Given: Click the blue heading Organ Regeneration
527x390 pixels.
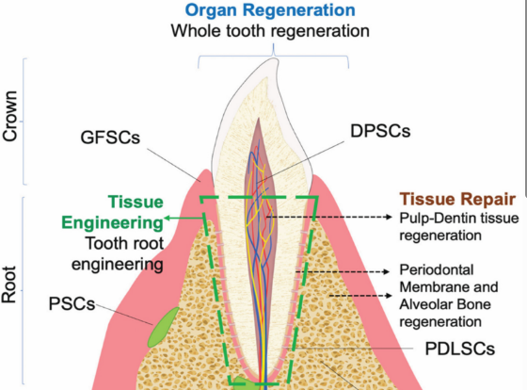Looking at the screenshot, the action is point(270,10).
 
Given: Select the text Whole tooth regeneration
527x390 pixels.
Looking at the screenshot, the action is point(270,31).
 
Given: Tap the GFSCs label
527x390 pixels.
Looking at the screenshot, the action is point(110,138).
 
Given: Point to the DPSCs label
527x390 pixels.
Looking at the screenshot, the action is point(380,131).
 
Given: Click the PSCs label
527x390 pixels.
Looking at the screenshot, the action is point(72,303).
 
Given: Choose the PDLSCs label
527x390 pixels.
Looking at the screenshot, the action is point(460,349).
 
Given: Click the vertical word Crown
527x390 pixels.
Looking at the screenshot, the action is point(9,116).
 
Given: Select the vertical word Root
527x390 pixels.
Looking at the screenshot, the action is point(9,285).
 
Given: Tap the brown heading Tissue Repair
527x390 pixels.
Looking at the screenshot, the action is point(457,199).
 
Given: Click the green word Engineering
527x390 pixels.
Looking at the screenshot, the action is point(112,222).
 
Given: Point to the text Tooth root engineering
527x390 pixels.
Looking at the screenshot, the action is point(118,253).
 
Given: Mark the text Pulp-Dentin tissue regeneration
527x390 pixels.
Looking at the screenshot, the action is point(459,226).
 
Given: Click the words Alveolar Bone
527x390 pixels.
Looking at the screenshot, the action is point(445,304).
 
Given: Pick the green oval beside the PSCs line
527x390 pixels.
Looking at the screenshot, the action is point(164,327).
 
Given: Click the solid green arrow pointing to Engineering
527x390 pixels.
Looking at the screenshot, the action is point(184,219).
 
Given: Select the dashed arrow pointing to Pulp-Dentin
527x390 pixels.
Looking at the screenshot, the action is point(329,217).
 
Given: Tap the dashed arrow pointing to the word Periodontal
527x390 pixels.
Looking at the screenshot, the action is point(343,271).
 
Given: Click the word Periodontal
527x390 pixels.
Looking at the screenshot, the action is point(437,269).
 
